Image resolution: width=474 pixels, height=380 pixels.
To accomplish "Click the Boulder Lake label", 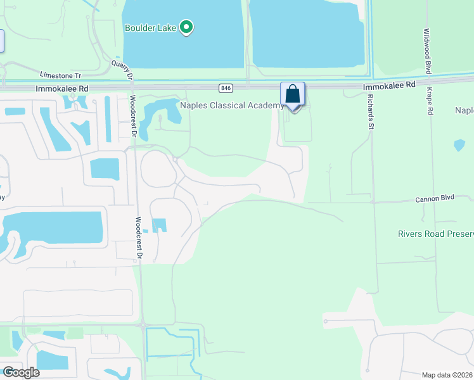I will [150, 28].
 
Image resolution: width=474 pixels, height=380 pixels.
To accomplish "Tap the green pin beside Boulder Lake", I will [186, 27].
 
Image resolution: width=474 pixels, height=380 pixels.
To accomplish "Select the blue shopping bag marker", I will [293, 94].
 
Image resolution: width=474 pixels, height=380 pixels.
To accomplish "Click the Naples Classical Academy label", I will [232, 106].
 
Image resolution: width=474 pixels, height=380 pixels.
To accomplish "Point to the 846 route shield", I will [226, 87].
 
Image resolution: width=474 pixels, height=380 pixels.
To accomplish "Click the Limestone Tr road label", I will [61, 75].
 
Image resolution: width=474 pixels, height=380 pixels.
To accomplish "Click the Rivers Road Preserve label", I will [435, 234].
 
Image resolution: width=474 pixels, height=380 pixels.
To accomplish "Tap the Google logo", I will [21, 372].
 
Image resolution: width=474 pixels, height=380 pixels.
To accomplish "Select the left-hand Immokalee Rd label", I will [61, 89].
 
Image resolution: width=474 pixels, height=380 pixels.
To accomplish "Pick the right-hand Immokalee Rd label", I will [389, 84].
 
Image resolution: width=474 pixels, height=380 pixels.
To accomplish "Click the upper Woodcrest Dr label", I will [133, 116].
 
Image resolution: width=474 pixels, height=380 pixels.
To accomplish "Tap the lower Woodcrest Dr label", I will [139, 238].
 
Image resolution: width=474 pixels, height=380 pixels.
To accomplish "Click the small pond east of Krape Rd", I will [459, 145].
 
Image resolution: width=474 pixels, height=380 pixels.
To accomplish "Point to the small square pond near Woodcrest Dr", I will [159, 225].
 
